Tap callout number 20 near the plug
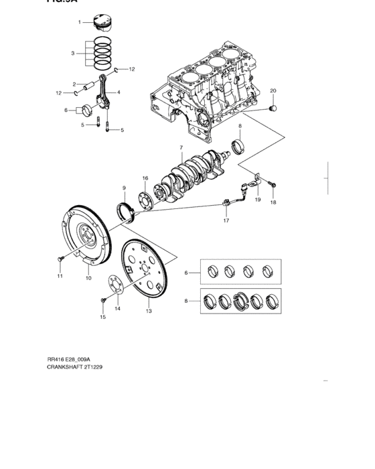coord(273,90)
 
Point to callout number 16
coord(145,178)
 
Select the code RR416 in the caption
coord(55,359)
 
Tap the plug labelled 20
coord(272,107)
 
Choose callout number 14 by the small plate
coord(117,309)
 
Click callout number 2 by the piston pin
coord(76,84)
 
